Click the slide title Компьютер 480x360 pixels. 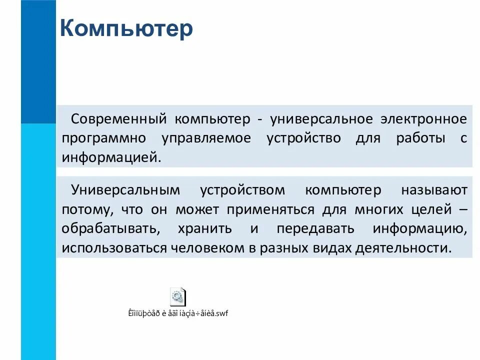[x=126, y=29]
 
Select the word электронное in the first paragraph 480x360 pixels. [x=423, y=119]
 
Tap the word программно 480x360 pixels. [x=104, y=138]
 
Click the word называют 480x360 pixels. [x=433, y=190]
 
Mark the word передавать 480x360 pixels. [x=315, y=228]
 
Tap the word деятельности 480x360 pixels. [x=402, y=247]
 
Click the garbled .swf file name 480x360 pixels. [x=178, y=314]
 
